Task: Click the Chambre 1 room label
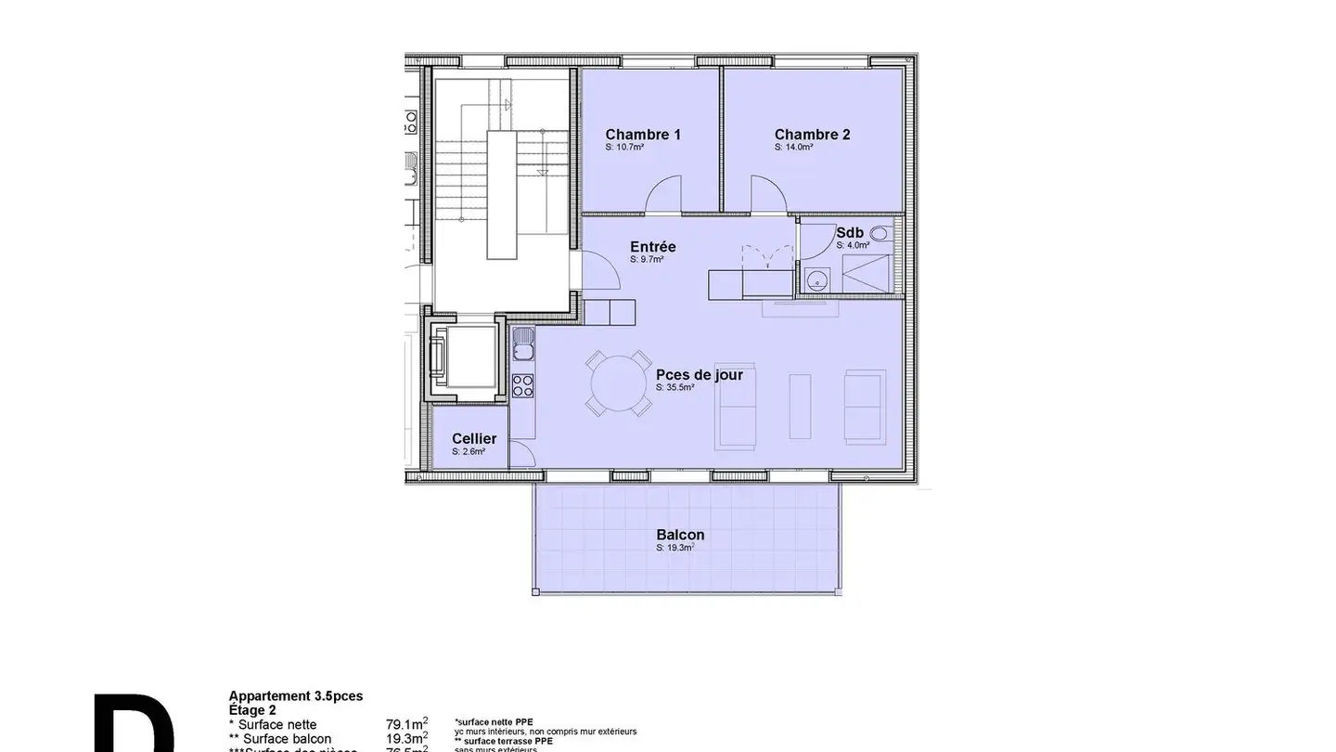(643, 135)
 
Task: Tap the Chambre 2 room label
(812, 135)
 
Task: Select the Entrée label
(653, 247)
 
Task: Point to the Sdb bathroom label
(850, 233)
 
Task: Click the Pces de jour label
(700, 375)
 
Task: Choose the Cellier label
(474, 439)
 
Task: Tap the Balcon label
(680, 535)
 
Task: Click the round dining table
(617, 383)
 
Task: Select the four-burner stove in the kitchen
(523, 384)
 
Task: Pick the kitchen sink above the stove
(523, 344)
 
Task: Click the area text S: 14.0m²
(793, 148)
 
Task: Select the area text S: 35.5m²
(674, 388)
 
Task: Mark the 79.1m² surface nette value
(406, 724)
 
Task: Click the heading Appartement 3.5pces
(296, 695)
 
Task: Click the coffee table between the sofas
(800, 406)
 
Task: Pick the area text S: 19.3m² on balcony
(675, 548)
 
